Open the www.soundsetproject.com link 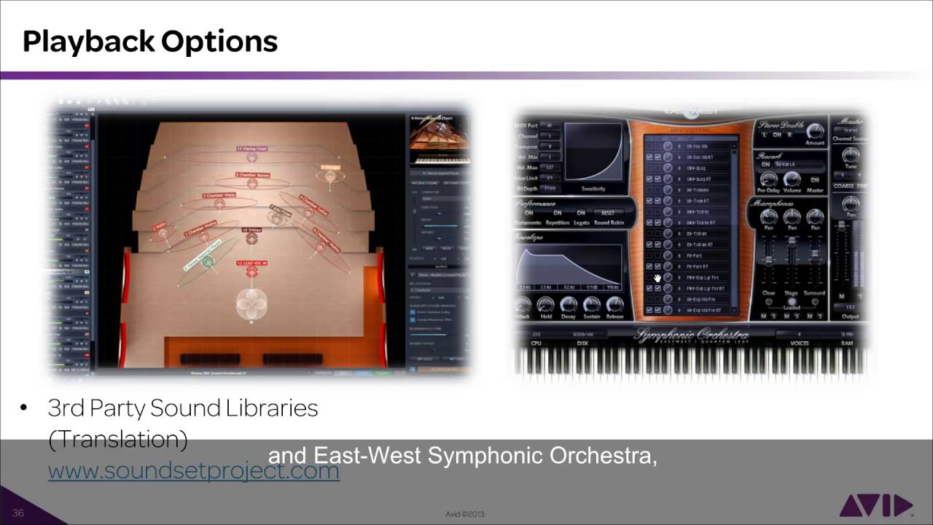click(x=193, y=470)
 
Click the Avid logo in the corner click(x=875, y=505)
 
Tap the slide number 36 click(x=18, y=513)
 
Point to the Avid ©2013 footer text click(x=465, y=514)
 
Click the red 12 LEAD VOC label click(x=251, y=262)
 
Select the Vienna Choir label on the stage click(x=251, y=149)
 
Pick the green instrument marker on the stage click(x=208, y=261)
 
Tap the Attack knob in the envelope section click(x=523, y=305)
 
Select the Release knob click(x=614, y=305)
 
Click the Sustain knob click(x=591, y=305)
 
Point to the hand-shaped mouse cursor click(x=657, y=278)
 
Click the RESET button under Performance click(x=608, y=213)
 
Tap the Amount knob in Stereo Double click(x=815, y=132)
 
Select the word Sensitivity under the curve click(x=594, y=189)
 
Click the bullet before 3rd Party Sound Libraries click(x=24, y=408)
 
